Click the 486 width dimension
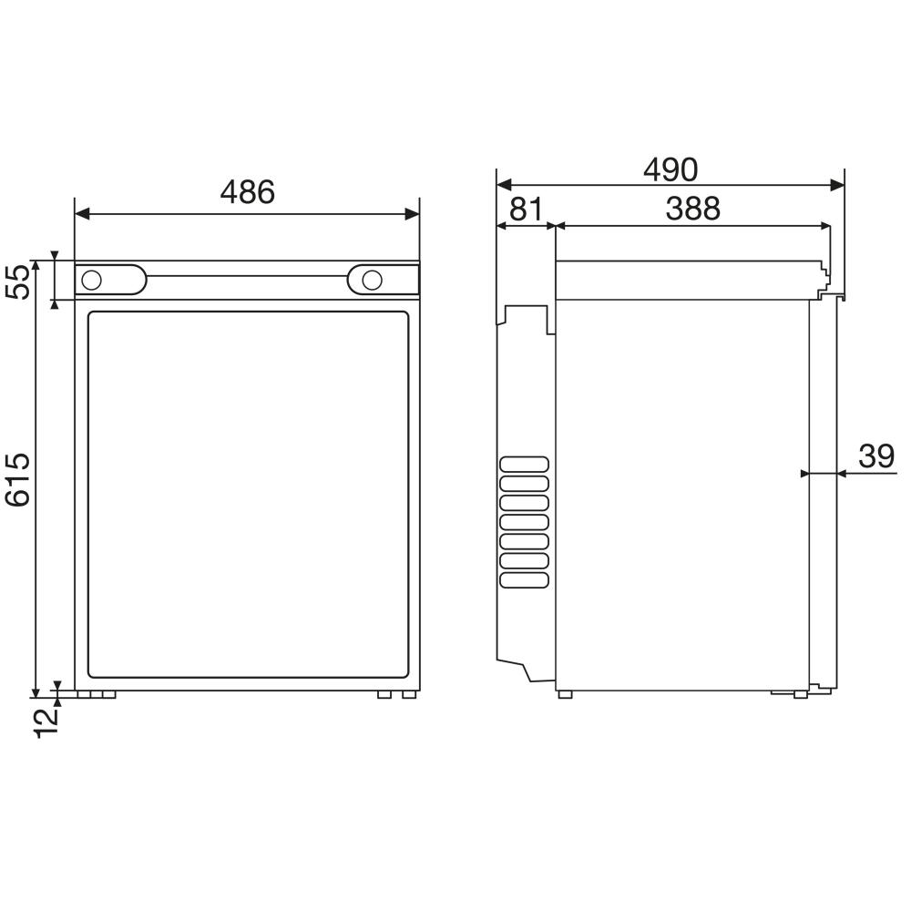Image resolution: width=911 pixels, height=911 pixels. pyautogui.click(x=247, y=192)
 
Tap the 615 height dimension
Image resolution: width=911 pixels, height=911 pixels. pyautogui.click(x=18, y=479)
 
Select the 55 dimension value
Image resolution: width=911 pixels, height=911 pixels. pyautogui.click(x=18, y=281)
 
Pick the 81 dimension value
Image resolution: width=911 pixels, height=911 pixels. pyautogui.click(x=525, y=209)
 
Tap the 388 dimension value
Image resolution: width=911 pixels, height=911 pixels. pyautogui.click(x=692, y=209)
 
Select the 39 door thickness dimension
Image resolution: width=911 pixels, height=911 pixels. pyautogui.click(x=876, y=455)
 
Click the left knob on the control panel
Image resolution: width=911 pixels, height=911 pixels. pyautogui.click(x=92, y=280)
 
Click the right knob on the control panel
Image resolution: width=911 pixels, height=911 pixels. pyautogui.click(x=372, y=280)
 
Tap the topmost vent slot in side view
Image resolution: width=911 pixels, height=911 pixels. pyautogui.click(x=524, y=464)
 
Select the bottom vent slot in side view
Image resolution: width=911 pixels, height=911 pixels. pyautogui.click(x=524, y=579)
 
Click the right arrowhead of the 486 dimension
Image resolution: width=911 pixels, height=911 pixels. pyautogui.click(x=414, y=215)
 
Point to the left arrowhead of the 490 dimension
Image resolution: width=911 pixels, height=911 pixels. pyautogui.click(x=502, y=185)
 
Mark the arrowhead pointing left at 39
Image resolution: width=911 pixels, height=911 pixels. pyautogui.click(x=843, y=473)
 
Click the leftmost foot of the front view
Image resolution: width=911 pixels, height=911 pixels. pyautogui.click(x=83, y=695)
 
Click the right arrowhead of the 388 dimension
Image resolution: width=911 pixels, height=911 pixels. pyautogui.click(x=825, y=225)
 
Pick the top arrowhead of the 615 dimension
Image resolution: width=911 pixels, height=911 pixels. pyautogui.click(x=36, y=266)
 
